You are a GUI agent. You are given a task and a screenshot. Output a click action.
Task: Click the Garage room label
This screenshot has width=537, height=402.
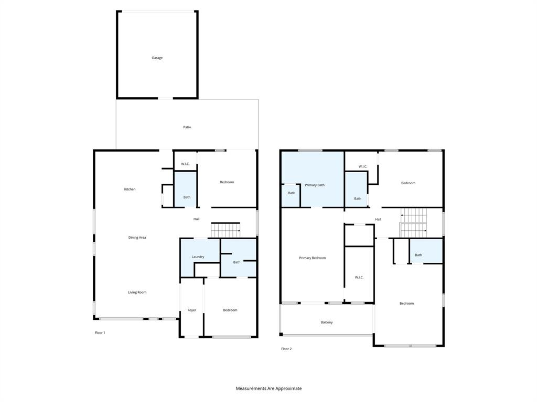pyautogui.click(x=157, y=58)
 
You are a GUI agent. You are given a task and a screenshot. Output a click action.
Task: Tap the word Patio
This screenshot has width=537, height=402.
pyautogui.click(x=187, y=127)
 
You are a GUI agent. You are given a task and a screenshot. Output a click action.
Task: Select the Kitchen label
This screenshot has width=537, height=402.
pyautogui.click(x=130, y=189)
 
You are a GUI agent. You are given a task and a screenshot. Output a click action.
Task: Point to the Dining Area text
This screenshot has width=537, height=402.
pyautogui.click(x=137, y=238)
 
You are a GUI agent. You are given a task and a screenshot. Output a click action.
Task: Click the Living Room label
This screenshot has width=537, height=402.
pyautogui.click(x=137, y=292)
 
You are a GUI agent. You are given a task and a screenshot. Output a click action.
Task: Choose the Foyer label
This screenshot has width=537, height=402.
pyautogui.click(x=192, y=310)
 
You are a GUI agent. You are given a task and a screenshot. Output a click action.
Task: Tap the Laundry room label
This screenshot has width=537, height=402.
pyautogui.click(x=198, y=257)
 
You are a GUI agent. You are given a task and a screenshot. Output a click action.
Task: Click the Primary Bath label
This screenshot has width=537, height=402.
pyautogui.click(x=315, y=185)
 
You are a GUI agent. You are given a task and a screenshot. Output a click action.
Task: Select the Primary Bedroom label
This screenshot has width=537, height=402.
pyautogui.click(x=312, y=258)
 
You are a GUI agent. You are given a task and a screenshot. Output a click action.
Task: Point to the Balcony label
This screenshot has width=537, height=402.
pyautogui.click(x=326, y=322)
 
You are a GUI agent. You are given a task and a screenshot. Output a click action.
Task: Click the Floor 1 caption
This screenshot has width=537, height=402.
pyautogui.click(x=100, y=333)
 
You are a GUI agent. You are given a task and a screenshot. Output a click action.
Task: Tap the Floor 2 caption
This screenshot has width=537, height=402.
pyautogui.click(x=286, y=349)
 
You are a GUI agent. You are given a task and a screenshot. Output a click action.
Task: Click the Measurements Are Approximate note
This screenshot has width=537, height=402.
pyautogui.click(x=268, y=388)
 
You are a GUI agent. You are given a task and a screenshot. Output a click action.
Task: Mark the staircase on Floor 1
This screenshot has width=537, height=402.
pyautogui.click(x=225, y=230)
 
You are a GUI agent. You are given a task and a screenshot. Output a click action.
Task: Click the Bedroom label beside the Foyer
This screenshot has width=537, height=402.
pyautogui.click(x=230, y=310)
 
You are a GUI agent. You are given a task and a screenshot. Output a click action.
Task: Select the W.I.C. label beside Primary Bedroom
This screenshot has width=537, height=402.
pyautogui.click(x=359, y=277)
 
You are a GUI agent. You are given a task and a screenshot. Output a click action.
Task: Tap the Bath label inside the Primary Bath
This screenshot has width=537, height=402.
pyautogui.click(x=292, y=193)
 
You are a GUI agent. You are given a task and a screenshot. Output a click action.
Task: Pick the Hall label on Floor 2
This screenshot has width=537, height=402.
pyautogui.click(x=378, y=219)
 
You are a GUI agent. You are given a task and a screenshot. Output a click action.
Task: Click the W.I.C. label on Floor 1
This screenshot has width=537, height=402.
pyautogui.click(x=185, y=164)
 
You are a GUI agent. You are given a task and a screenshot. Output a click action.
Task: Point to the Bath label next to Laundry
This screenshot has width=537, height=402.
pyautogui.click(x=237, y=262)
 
